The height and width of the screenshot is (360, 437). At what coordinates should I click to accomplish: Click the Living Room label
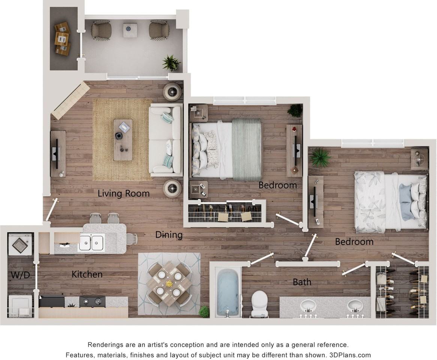[123, 193]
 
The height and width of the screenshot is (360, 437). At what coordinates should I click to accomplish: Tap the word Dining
[169, 235]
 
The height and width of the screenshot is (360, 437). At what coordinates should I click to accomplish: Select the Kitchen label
[87, 274]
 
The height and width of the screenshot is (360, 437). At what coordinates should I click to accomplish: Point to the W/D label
[20, 275]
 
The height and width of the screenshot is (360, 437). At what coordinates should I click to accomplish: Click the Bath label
[302, 282]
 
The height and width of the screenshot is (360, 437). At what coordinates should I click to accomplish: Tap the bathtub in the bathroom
[228, 292]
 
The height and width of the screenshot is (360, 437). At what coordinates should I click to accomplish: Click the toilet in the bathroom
[259, 303]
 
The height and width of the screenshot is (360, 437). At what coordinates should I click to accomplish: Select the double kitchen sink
[91, 242]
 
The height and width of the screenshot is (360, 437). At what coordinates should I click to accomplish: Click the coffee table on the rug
[123, 139]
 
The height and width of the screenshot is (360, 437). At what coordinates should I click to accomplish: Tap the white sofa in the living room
[165, 139]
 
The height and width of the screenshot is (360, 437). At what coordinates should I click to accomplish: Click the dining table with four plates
[169, 283]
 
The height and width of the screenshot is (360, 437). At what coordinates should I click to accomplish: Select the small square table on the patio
[130, 30]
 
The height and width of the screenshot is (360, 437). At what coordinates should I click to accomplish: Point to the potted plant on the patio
[171, 63]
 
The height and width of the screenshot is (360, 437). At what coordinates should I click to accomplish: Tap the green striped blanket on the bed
[246, 149]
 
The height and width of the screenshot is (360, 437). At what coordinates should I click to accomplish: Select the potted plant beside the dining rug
[204, 311]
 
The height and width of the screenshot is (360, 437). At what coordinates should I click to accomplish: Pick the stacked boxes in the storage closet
[62, 38]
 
